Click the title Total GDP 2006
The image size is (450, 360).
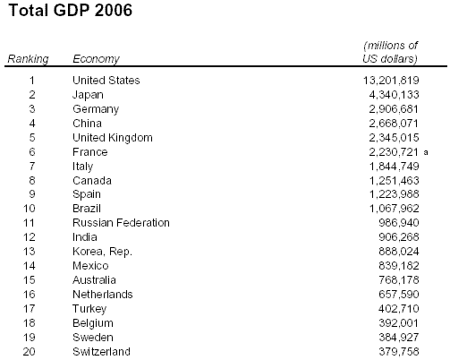click(71, 10)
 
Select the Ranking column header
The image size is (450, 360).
click(28, 59)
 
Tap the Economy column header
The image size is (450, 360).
click(96, 59)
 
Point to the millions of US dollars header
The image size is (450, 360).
click(390, 52)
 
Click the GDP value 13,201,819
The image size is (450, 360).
click(391, 81)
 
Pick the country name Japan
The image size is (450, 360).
click(88, 95)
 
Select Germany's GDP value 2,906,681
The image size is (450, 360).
click(394, 109)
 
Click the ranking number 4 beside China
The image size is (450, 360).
click(32, 124)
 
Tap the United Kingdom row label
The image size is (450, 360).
click(113, 138)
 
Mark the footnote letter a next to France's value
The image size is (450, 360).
click(426, 152)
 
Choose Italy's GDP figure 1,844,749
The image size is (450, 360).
click(395, 167)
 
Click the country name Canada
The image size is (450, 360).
click(92, 181)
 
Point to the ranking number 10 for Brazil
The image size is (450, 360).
click(30, 209)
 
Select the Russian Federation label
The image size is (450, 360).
click(121, 223)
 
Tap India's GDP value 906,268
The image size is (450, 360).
click(399, 237)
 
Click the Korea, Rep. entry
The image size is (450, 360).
click(102, 252)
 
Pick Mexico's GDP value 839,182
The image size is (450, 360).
click(399, 266)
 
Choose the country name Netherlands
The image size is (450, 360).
click(103, 295)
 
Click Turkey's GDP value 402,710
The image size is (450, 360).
click(399, 309)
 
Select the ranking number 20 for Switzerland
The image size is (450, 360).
click(30, 352)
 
